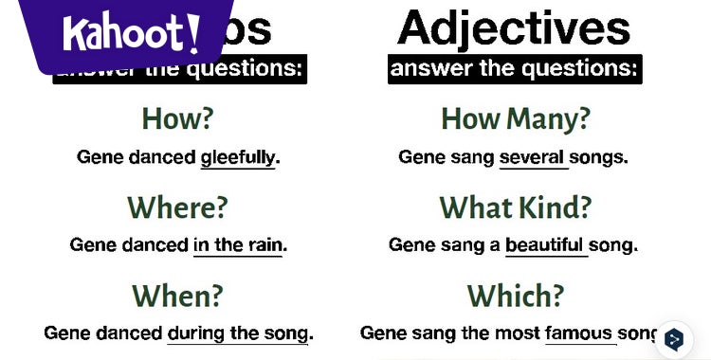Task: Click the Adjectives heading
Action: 514,28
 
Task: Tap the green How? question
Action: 177,118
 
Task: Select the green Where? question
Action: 177,207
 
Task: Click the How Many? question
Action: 516,118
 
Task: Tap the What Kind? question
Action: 516,207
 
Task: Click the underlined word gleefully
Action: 237,157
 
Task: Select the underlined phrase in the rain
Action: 237,244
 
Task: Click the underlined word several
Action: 532,157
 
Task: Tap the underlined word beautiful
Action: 545,244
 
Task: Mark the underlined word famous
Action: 578,333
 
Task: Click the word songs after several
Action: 599,157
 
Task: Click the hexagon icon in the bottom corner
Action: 674,339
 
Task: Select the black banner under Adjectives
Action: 515,68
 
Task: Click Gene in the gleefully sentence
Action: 100,157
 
